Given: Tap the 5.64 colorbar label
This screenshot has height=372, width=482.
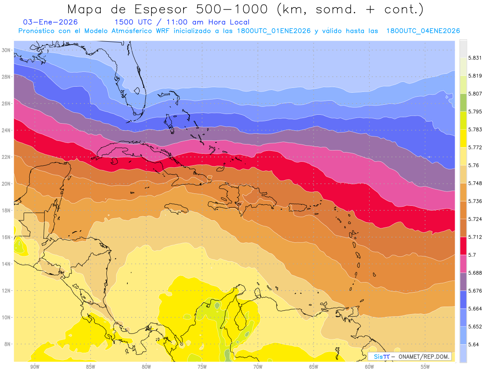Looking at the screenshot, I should click(x=472, y=344).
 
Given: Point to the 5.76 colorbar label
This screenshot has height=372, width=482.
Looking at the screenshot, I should click(x=472, y=165).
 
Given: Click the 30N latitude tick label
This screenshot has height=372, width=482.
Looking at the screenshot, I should click(x=6, y=50).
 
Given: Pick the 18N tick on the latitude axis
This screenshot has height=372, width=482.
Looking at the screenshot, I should click(x=6, y=210).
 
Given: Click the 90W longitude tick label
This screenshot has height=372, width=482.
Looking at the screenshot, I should click(x=35, y=367).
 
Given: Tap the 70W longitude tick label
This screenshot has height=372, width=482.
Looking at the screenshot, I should click(x=258, y=367).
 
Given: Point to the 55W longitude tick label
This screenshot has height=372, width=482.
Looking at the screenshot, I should click(x=425, y=367).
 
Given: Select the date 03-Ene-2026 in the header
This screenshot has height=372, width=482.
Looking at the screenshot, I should click(x=51, y=22).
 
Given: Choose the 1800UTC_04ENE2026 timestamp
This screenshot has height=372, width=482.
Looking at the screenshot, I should click(x=423, y=31).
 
